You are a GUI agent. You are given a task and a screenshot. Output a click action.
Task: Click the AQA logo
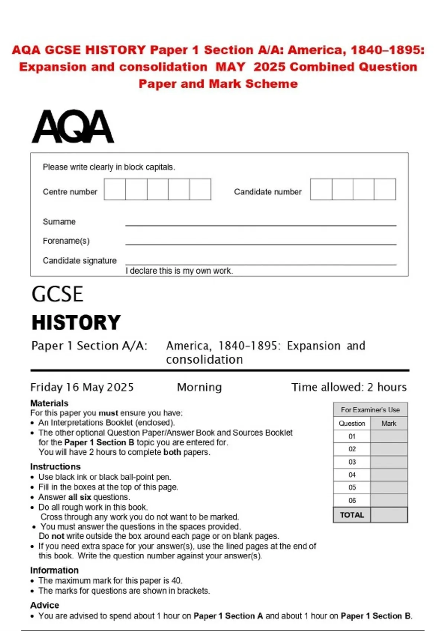click(x=73, y=127)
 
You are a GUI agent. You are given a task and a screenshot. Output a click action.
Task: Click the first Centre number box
click(x=115, y=189)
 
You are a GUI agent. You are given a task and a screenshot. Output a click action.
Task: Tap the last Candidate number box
click(x=385, y=189)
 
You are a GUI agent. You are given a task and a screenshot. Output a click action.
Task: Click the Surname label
click(x=59, y=222)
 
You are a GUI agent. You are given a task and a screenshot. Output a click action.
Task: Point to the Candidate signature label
click(x=80, y=261)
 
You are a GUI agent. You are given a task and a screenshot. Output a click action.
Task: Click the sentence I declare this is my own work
click(x=179, y=271)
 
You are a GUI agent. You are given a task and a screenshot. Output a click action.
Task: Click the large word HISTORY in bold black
click(x=76, y=322)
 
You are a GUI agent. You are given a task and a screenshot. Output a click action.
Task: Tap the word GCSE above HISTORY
click(x=57, y=294)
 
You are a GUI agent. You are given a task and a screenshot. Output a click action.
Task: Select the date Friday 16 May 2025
click(x=82, y=387)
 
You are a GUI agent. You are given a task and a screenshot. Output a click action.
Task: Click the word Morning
click(x=199, y=387)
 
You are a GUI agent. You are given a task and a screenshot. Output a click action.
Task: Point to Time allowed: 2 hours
click(x=349, y=387)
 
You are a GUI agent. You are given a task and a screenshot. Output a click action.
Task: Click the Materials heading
click(x=49, y=403)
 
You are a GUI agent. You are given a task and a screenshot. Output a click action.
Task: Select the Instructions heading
click(x=55, y=467)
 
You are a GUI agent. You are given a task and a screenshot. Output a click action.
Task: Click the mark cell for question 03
click(x=388, y=462)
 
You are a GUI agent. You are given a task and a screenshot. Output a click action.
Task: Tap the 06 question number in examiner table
click(x=352, y=500)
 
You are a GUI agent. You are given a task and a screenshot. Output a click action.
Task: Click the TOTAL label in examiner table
click(x=352, y=515)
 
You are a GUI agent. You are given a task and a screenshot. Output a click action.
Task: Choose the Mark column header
click(x=388, y=424)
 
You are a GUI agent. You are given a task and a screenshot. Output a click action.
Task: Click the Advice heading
click(x=45, y=605)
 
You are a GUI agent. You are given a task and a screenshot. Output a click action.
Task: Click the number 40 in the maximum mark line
click(x=176, y=581)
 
